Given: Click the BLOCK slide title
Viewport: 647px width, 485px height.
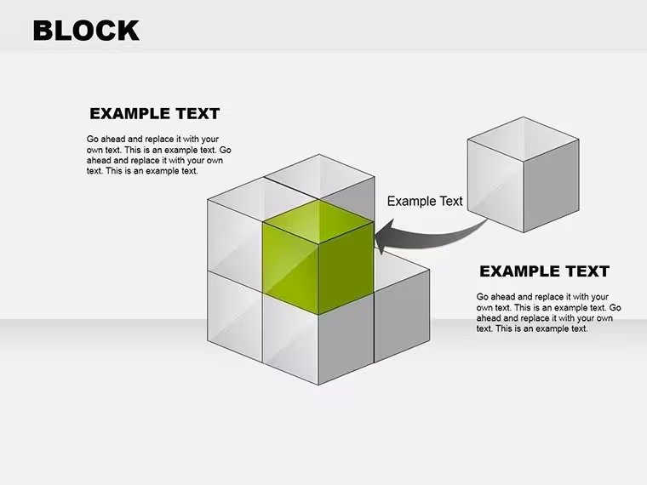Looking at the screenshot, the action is pos(86,31).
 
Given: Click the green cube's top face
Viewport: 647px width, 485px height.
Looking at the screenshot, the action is pos(318,222).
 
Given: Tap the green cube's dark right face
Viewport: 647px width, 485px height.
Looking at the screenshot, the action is pos(346,269).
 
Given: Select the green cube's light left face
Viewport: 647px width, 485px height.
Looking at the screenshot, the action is pos(291,269).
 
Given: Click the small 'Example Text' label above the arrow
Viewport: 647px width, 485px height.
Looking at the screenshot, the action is pos(425,202).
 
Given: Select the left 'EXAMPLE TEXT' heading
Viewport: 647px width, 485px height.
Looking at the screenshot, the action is pos(154,114).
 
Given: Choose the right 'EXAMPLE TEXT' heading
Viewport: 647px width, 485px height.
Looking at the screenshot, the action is pos(544,271).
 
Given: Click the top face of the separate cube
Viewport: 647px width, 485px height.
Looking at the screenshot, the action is pos(524,139).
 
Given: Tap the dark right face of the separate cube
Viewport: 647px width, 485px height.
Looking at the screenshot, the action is pos(552,186).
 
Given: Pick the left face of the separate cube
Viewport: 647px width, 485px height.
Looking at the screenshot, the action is pos(495,186).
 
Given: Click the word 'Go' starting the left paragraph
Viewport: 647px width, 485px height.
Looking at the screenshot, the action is pos(93,139).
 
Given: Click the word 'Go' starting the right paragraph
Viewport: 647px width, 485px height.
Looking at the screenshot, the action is pos(483,297).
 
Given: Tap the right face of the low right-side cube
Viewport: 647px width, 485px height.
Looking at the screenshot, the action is pos(402,317).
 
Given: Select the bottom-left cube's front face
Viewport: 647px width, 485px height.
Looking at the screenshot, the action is pos(235,317).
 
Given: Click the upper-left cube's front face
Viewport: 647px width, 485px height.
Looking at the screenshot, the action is pos(235,243).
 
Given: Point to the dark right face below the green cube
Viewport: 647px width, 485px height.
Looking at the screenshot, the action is pos(346,339).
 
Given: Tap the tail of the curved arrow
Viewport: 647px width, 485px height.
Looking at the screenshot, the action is pos(486,220).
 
